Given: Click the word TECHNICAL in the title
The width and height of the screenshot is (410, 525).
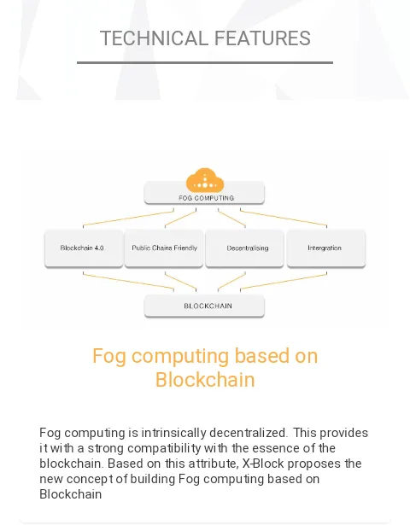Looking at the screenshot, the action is coord(155,38).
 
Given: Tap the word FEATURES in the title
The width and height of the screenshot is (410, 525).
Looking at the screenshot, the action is coord(262,38).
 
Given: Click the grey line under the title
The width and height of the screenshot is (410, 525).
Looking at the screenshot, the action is coord(205,62).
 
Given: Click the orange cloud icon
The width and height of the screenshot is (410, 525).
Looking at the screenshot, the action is coord(205,180).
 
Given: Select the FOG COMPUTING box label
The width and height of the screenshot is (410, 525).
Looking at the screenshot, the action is coord(207,198).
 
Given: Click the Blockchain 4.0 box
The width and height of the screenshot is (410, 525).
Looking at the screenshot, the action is coord(84,248).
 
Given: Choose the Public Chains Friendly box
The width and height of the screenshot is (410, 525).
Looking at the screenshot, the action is coord(164,248).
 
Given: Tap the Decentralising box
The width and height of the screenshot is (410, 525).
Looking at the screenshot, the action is coord(244,248).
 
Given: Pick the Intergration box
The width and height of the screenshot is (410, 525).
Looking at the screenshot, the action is coord(326,248).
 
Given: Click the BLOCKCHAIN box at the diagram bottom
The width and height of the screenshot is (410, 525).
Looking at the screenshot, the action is coord(204,306).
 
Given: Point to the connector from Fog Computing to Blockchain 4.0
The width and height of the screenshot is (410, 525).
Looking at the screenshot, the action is coord(128,219).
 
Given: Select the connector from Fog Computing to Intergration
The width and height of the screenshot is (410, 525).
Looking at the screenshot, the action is coord(284,218).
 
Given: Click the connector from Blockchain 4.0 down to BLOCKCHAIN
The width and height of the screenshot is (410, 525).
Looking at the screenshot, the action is coord(128,281).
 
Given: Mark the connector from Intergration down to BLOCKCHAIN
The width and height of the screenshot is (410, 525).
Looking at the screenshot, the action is coord(284,281).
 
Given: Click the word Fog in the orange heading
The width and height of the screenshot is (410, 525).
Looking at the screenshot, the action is coord(109,356).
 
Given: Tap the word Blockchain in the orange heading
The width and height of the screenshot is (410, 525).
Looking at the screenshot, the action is coord(205,380).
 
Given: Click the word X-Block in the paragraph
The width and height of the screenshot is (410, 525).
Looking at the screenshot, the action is coord(263,464).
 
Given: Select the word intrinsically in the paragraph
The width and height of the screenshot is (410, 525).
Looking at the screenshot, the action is coord(173,434).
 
